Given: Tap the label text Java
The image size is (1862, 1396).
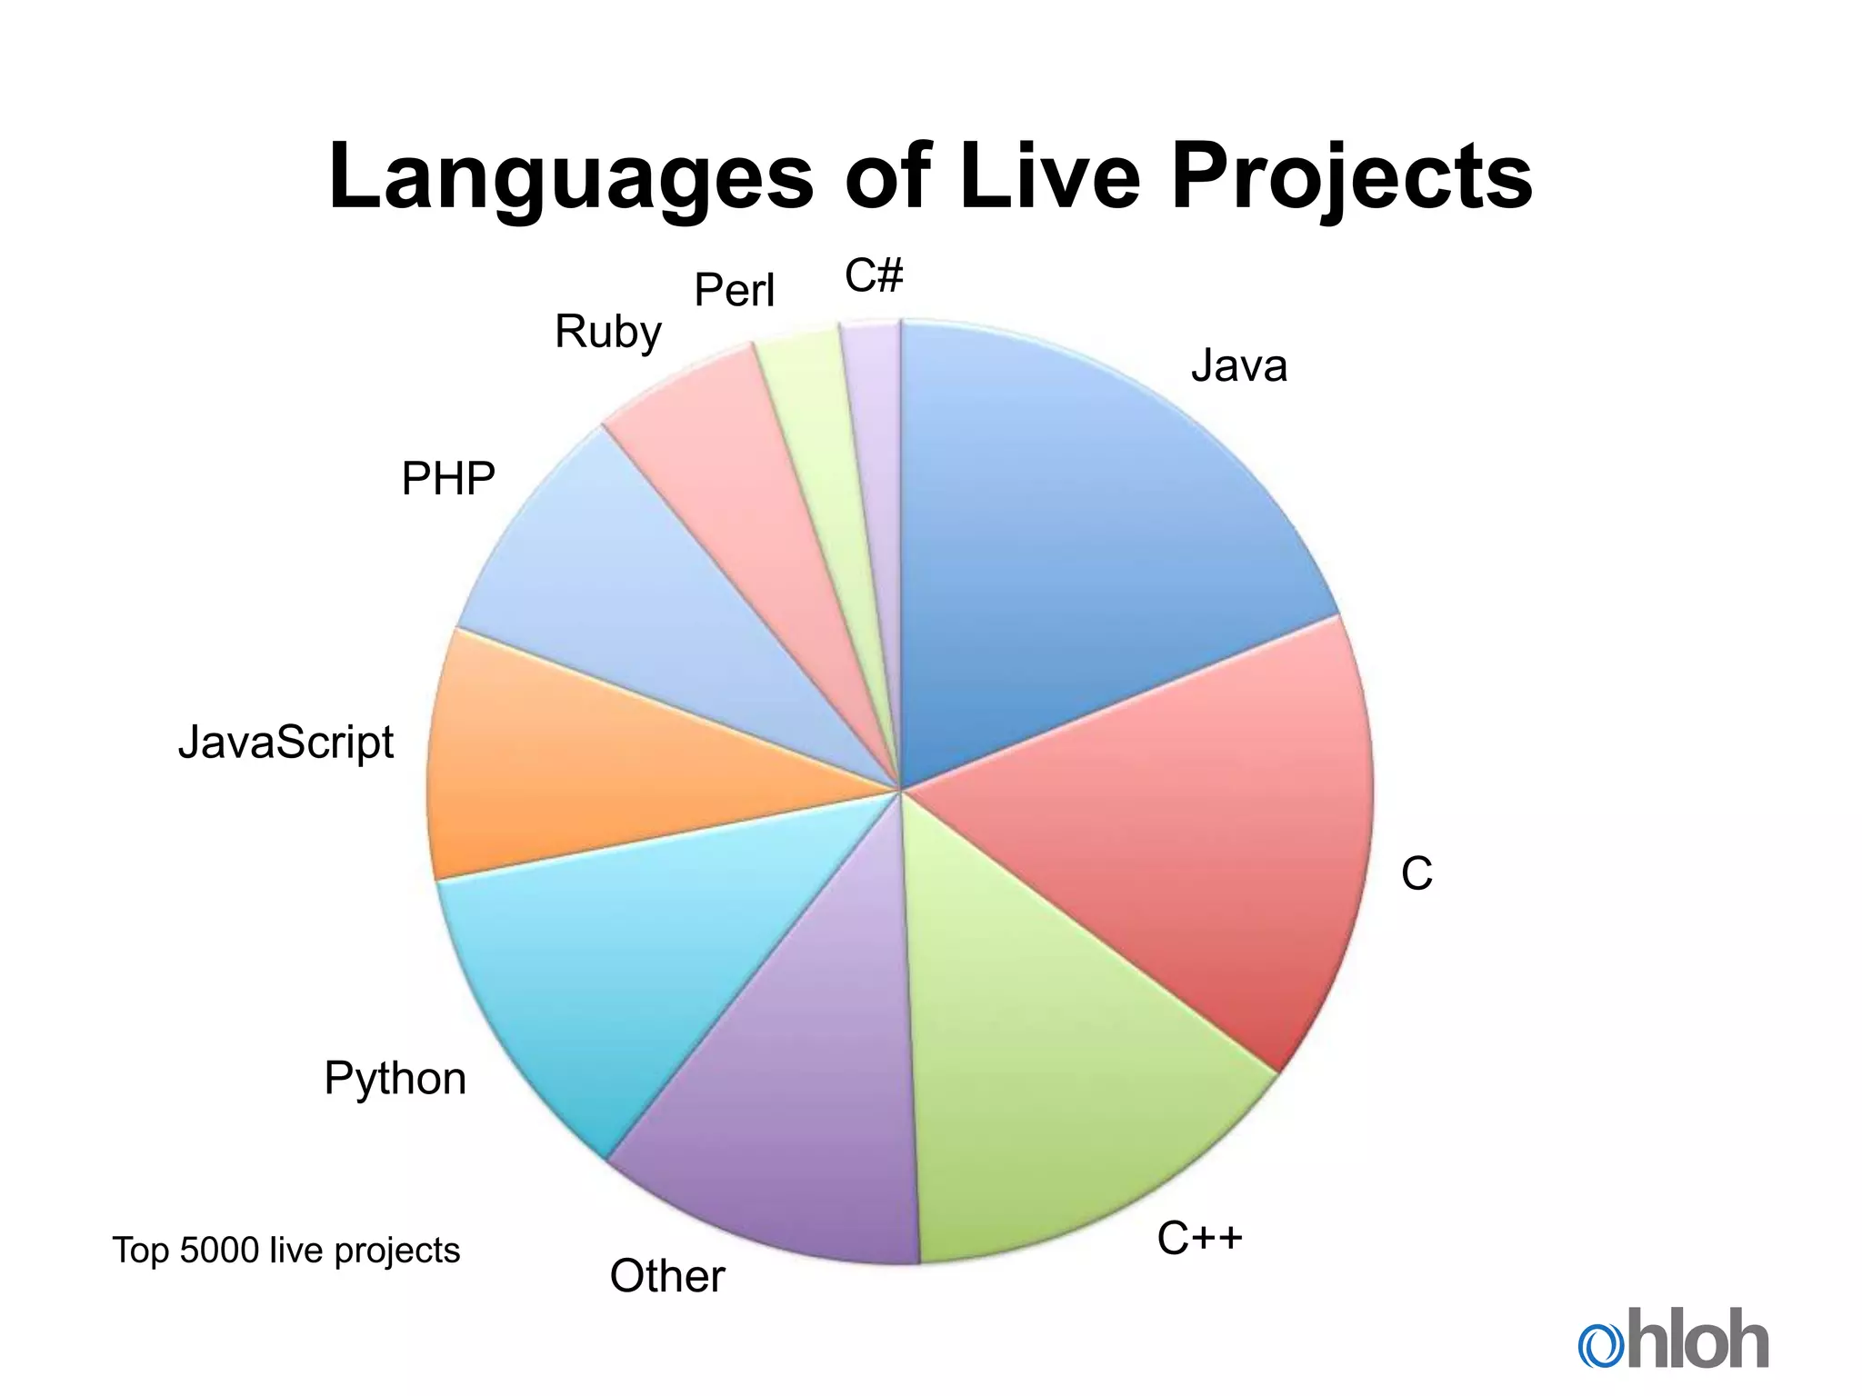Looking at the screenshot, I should click(x=1239, y=366).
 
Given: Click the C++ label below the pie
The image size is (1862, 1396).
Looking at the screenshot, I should click(x=1199, y=1238).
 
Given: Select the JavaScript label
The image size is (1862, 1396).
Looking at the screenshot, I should click(x=285, y=743).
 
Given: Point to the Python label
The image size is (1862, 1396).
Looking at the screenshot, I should click(x=395, y=1079).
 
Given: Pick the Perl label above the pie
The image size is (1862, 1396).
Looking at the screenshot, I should click(x=734, y=291).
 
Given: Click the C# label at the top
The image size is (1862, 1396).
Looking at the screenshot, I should click(x=874, y=275).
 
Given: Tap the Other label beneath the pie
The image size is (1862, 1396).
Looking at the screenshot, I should click(x=667, y=1276).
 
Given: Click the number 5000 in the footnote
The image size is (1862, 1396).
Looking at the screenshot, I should click(x=220, y=1251).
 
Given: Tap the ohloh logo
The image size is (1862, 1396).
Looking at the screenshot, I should click(x=1673, y=1338).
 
